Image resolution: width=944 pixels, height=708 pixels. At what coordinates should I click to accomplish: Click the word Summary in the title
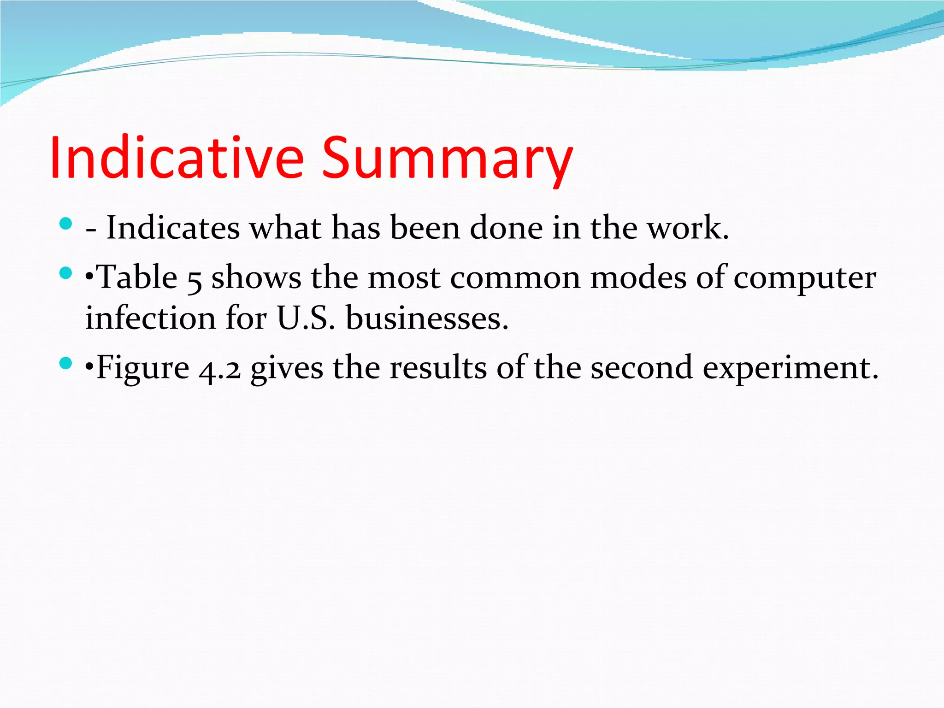click(x=447, y=159)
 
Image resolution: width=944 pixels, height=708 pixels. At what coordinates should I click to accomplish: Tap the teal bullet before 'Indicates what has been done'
click(x=66, y=224)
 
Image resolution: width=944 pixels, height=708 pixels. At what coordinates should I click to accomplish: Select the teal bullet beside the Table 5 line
click(x=66, y=273)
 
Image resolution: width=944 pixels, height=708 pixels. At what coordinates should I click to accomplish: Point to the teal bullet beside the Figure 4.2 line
click(x=66, y=364)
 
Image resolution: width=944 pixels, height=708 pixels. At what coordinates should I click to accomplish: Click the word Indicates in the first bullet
click(x=173, y=228)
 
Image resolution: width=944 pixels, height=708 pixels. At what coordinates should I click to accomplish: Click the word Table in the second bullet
click(x=138, y=277)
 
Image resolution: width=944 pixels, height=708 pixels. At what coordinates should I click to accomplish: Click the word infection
click(x=150, y=318)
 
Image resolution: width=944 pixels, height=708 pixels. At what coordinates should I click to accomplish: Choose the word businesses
click(x=427, y=318)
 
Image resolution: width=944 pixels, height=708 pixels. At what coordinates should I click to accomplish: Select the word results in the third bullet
click(x=438, y=368)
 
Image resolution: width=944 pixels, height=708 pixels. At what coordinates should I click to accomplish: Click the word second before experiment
click(x=642, y=368)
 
